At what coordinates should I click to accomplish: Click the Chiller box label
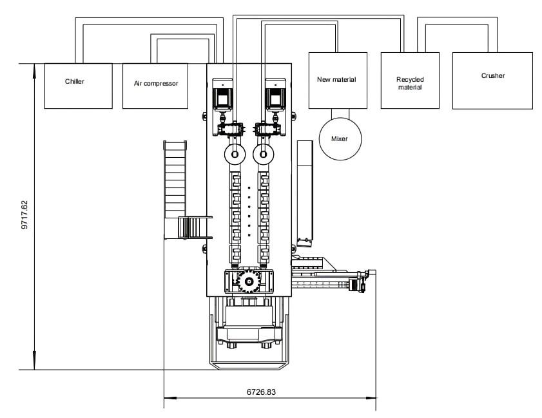tap(75, 82)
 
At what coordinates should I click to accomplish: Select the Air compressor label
tap(155, 83)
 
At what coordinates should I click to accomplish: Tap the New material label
tap(336, 80)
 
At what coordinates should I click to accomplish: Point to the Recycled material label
tap(409, 83)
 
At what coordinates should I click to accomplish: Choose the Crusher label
tap(492, 76)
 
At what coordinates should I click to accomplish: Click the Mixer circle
tap(341, 138)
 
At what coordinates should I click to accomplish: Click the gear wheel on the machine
tap(249, 280)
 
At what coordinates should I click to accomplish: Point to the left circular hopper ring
tap(235, 153)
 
